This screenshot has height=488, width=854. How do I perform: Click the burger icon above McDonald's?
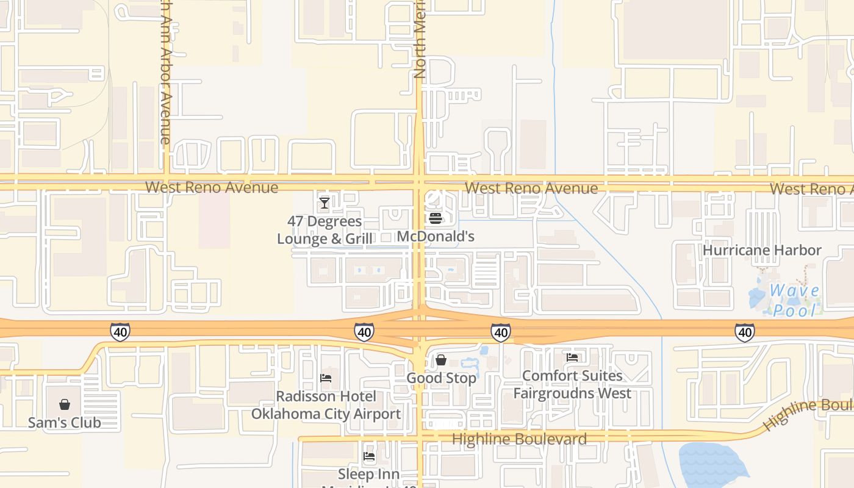click(435, 218)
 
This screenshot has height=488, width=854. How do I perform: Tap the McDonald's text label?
click(435, 236)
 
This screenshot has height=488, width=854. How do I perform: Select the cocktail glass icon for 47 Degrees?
click(325, 203)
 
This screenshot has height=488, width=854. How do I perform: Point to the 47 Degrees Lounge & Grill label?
click(325, 230)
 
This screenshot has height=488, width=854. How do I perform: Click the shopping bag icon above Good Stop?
click(441, 360)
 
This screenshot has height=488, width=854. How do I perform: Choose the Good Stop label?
click(441, 378)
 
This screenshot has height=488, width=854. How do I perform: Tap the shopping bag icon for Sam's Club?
click(65, 404)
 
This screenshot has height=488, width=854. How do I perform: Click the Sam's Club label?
click(65, 422)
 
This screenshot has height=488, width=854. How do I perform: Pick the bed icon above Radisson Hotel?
click(326, 378)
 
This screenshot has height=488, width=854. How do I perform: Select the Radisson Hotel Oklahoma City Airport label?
click(326, 405)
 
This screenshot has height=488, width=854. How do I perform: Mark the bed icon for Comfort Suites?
click(572, 357)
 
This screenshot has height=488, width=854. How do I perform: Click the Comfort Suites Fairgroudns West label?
click(572, 384)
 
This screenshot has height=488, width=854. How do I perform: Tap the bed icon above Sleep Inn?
click(369, 456)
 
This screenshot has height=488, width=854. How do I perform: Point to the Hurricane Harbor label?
click(762, 250)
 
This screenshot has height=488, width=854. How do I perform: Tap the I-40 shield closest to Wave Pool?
click(744, 332)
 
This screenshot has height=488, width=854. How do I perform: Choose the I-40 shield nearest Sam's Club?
click(120, 332)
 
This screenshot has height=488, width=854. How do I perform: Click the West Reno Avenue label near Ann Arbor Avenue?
click(211, 187)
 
